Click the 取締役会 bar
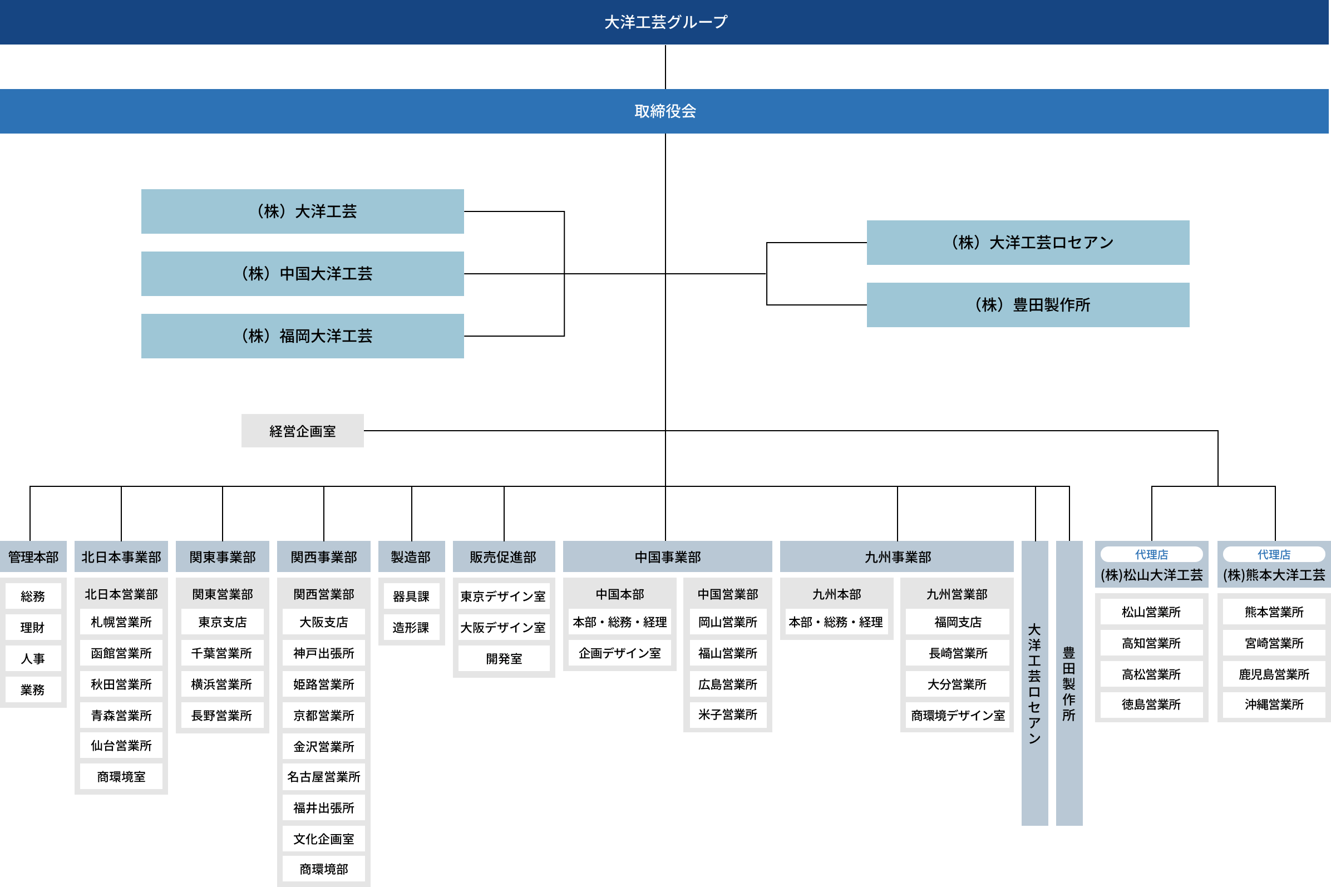[x=664, y=111]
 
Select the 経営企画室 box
[x=303, y=431]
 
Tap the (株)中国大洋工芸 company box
[x=303, y=274]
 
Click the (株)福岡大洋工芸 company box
[x=303, y=336]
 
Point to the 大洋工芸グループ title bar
[x=664, y=22]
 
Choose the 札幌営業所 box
[x=121, y=622]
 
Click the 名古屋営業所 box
[x=323, y=777]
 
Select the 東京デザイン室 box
[x=504, y=596]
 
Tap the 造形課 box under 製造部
[x=411, y=627]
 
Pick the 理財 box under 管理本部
[x=33, y=627]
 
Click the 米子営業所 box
[x=727, y=714]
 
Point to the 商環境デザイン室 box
[x=957, y=716]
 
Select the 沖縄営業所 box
[x=1274, y=704]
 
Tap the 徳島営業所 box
[x=1151, y=704]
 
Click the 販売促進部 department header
[x=504, y=557]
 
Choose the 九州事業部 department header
[x=897, y=557]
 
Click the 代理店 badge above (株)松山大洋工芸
[x=1151, y=554]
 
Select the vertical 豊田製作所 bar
[x=1069, y=683]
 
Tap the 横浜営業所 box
[x=221, y=684]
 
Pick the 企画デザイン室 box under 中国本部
[x=619, y=653]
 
